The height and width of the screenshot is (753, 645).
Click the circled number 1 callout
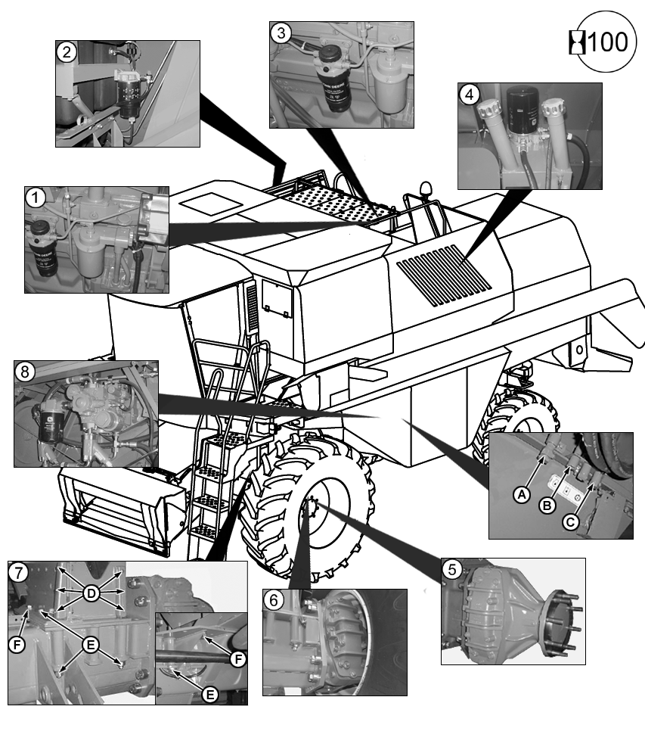[x=34, y=198]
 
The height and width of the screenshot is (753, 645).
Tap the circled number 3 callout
[x=281, y=33]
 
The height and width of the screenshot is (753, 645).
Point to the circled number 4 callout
[x=470, y=95]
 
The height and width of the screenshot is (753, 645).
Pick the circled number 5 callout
[x=451, y=569]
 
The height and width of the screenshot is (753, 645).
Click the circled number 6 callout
[x=274, y=600]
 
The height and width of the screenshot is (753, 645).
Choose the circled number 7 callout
[x=18, y=572]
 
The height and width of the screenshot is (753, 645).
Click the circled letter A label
[x=519, y=493]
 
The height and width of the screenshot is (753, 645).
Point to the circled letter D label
[x=91, y=594]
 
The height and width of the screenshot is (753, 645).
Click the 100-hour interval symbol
[x=598, y=42]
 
